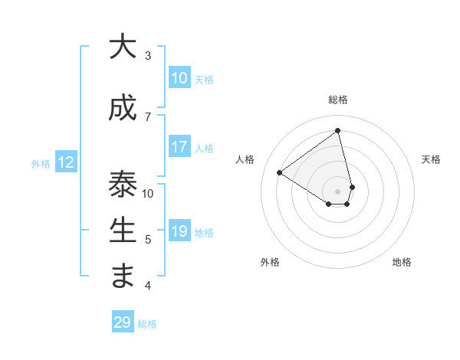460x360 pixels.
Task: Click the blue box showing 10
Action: pos(179,78)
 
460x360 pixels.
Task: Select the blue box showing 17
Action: pos(179,147)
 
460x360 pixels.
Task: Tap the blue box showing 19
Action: pos(179,231)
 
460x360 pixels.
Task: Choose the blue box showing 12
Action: pos(65,162)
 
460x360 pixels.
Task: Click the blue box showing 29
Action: pos(123,322)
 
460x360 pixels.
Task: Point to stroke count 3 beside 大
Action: pos(148,55)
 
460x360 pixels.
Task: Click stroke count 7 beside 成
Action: pos(148,116)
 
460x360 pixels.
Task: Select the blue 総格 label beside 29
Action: pos(148,324)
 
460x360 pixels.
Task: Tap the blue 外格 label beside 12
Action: pos(41,163)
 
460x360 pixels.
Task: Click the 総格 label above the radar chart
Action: pos(337,100)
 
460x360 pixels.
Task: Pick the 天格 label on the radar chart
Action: pos(431,159)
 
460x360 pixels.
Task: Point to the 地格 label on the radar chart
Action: pos(402,262)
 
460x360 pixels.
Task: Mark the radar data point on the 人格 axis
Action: pos(280,172)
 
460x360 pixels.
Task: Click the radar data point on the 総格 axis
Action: pos(337,130)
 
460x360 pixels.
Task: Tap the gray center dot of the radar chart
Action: pos(337,191)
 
